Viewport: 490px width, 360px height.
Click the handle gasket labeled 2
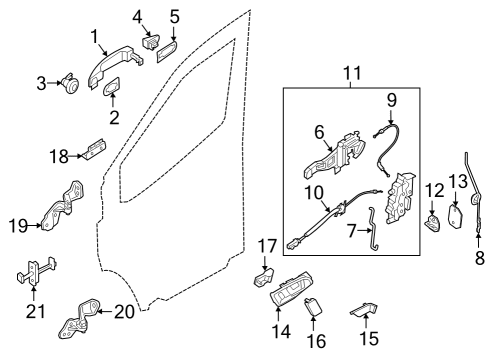click(151, 43)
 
